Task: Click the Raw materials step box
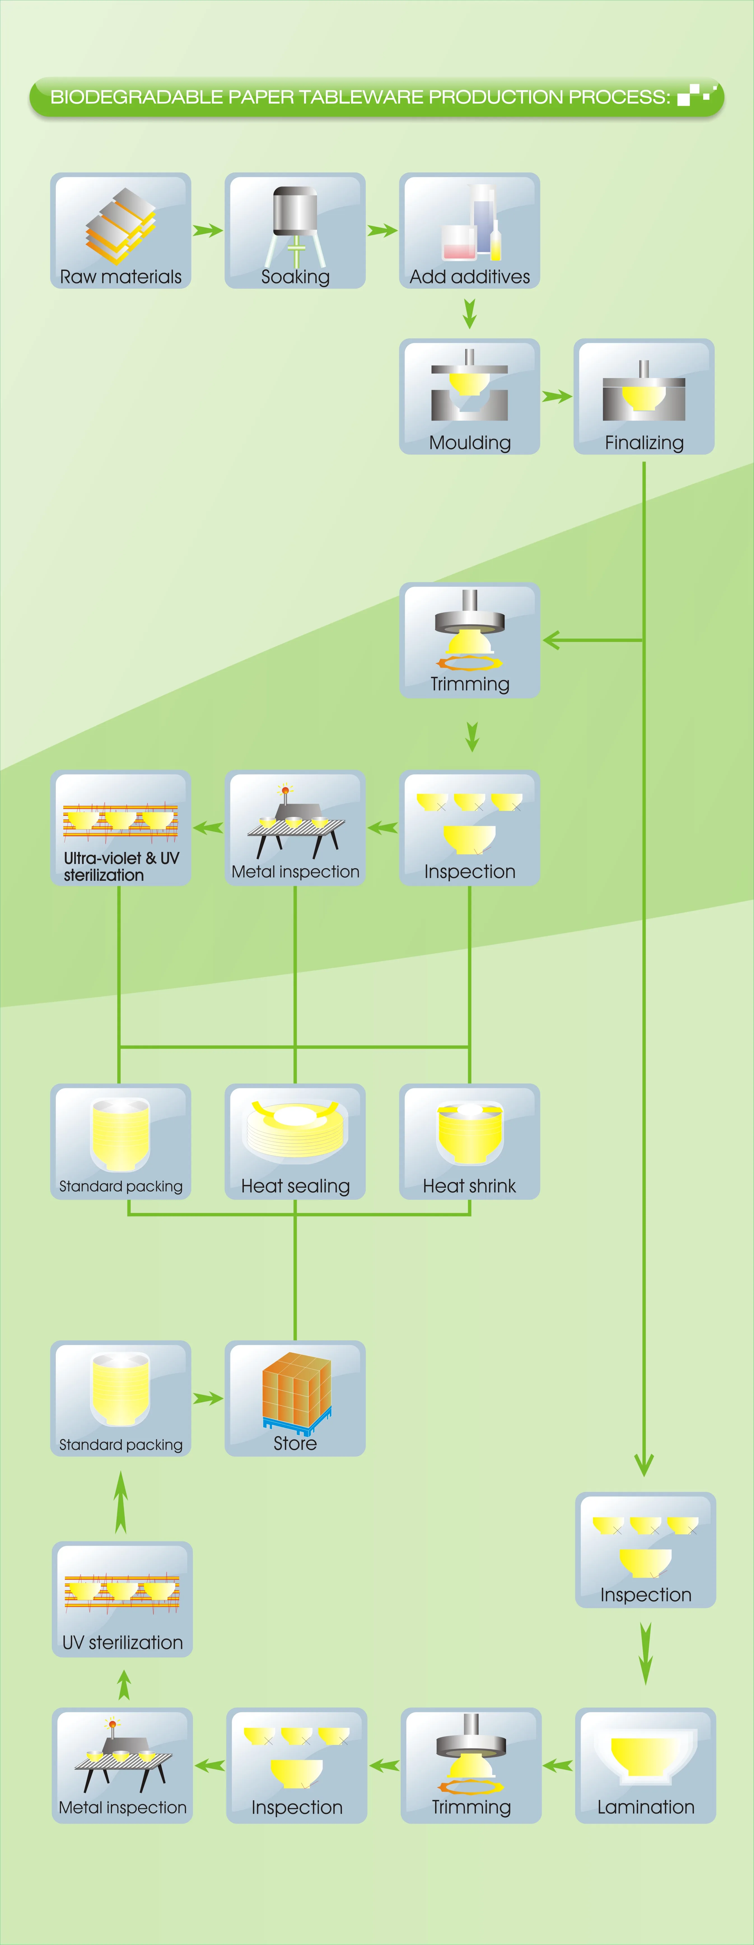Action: pos(121,230)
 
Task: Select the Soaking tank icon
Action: pos(295,223)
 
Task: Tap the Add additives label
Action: pos(470,277)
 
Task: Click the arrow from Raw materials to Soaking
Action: pos(207,230)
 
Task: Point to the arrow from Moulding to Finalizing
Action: pos(557,396)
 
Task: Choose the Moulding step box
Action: pos(470,396)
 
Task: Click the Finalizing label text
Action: pos(644,443)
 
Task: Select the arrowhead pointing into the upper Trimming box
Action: pos(551,641)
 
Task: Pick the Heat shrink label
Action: pos(470,1186)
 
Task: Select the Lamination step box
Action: pos(645,1765)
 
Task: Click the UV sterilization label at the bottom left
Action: pos(122,1643)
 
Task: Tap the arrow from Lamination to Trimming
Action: pos(558,1765)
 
